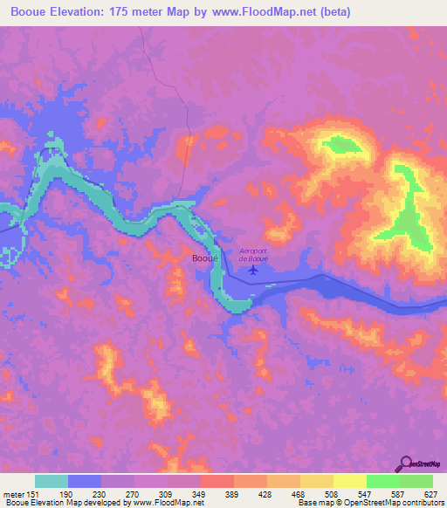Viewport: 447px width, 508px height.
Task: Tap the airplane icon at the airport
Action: click(253, 269)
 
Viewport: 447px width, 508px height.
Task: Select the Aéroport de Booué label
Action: click(252, 254)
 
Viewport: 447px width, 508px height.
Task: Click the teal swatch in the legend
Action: click(52, 481)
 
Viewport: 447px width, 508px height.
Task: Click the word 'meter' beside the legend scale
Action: click(12, 493)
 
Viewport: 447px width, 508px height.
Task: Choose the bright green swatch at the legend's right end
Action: click(416, 481)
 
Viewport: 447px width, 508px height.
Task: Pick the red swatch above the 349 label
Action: click(217, 481)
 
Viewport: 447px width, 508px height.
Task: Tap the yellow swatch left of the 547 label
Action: click(350, 481)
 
